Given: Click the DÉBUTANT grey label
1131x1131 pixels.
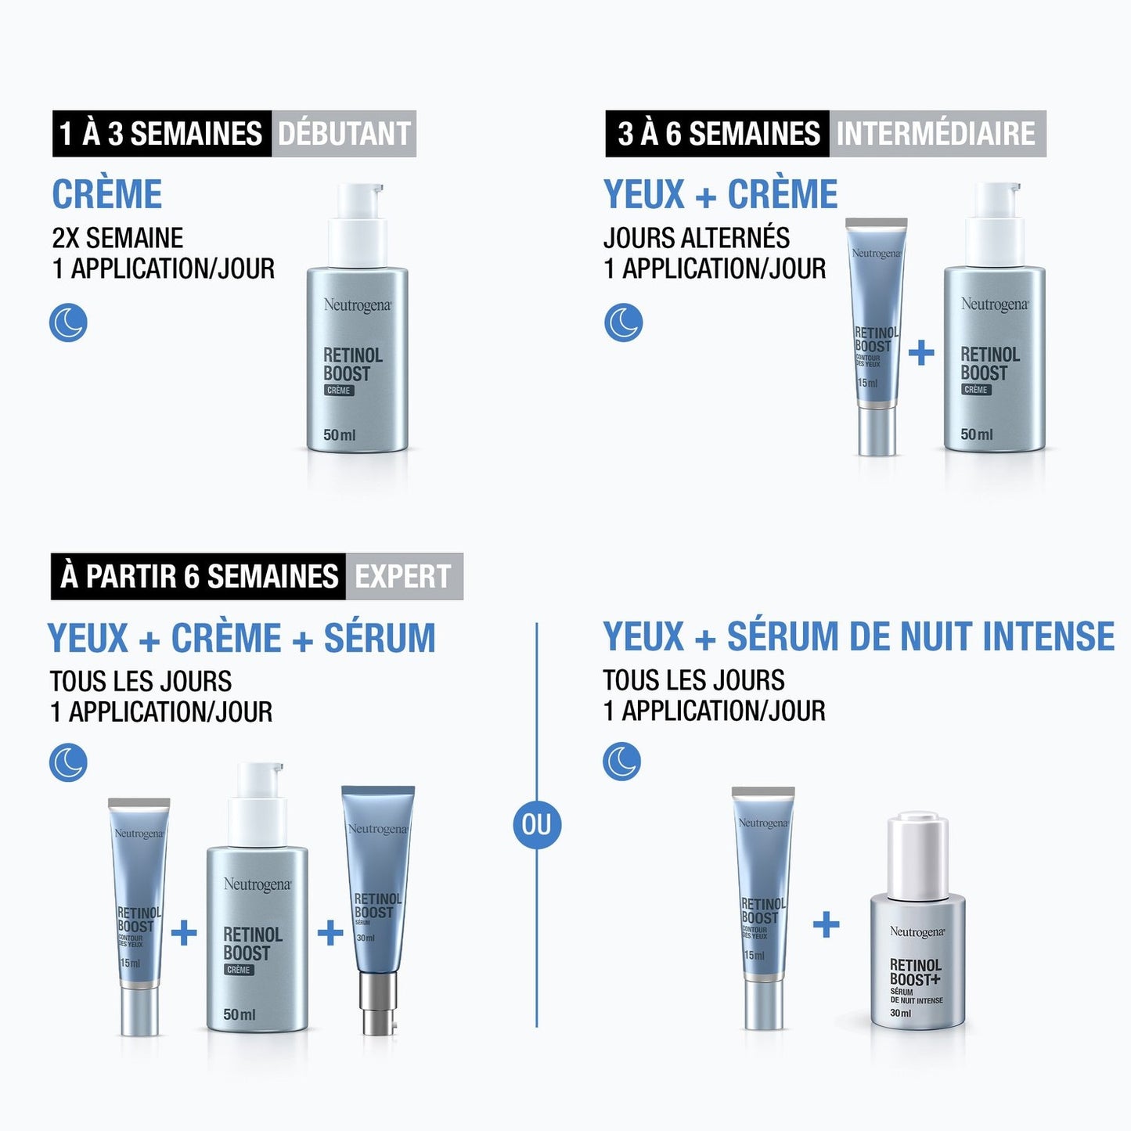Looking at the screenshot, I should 344,134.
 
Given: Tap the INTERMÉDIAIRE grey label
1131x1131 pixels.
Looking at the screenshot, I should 936,134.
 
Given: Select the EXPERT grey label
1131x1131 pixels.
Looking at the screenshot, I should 403,577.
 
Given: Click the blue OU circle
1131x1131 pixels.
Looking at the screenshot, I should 536,824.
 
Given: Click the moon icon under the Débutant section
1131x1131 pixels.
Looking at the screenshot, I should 68,322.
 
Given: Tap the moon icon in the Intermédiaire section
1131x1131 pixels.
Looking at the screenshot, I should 623,322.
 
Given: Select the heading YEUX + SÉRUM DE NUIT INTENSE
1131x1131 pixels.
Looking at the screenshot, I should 858,636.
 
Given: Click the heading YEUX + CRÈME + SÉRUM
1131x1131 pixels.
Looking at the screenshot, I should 241,638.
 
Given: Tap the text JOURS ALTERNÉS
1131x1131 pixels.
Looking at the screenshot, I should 696,238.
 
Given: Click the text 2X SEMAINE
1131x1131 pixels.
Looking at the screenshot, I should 117,238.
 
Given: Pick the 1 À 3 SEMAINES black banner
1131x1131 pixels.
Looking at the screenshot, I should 161,134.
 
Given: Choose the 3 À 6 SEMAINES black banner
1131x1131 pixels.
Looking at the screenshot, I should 717,134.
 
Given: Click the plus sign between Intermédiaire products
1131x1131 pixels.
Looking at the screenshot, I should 921,352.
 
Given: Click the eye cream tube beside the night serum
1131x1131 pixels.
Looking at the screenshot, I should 763,908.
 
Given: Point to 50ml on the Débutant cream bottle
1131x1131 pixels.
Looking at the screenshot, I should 339,434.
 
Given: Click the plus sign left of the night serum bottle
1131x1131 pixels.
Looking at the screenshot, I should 826,924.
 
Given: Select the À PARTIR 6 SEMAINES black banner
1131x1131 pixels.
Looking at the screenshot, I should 198,577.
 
